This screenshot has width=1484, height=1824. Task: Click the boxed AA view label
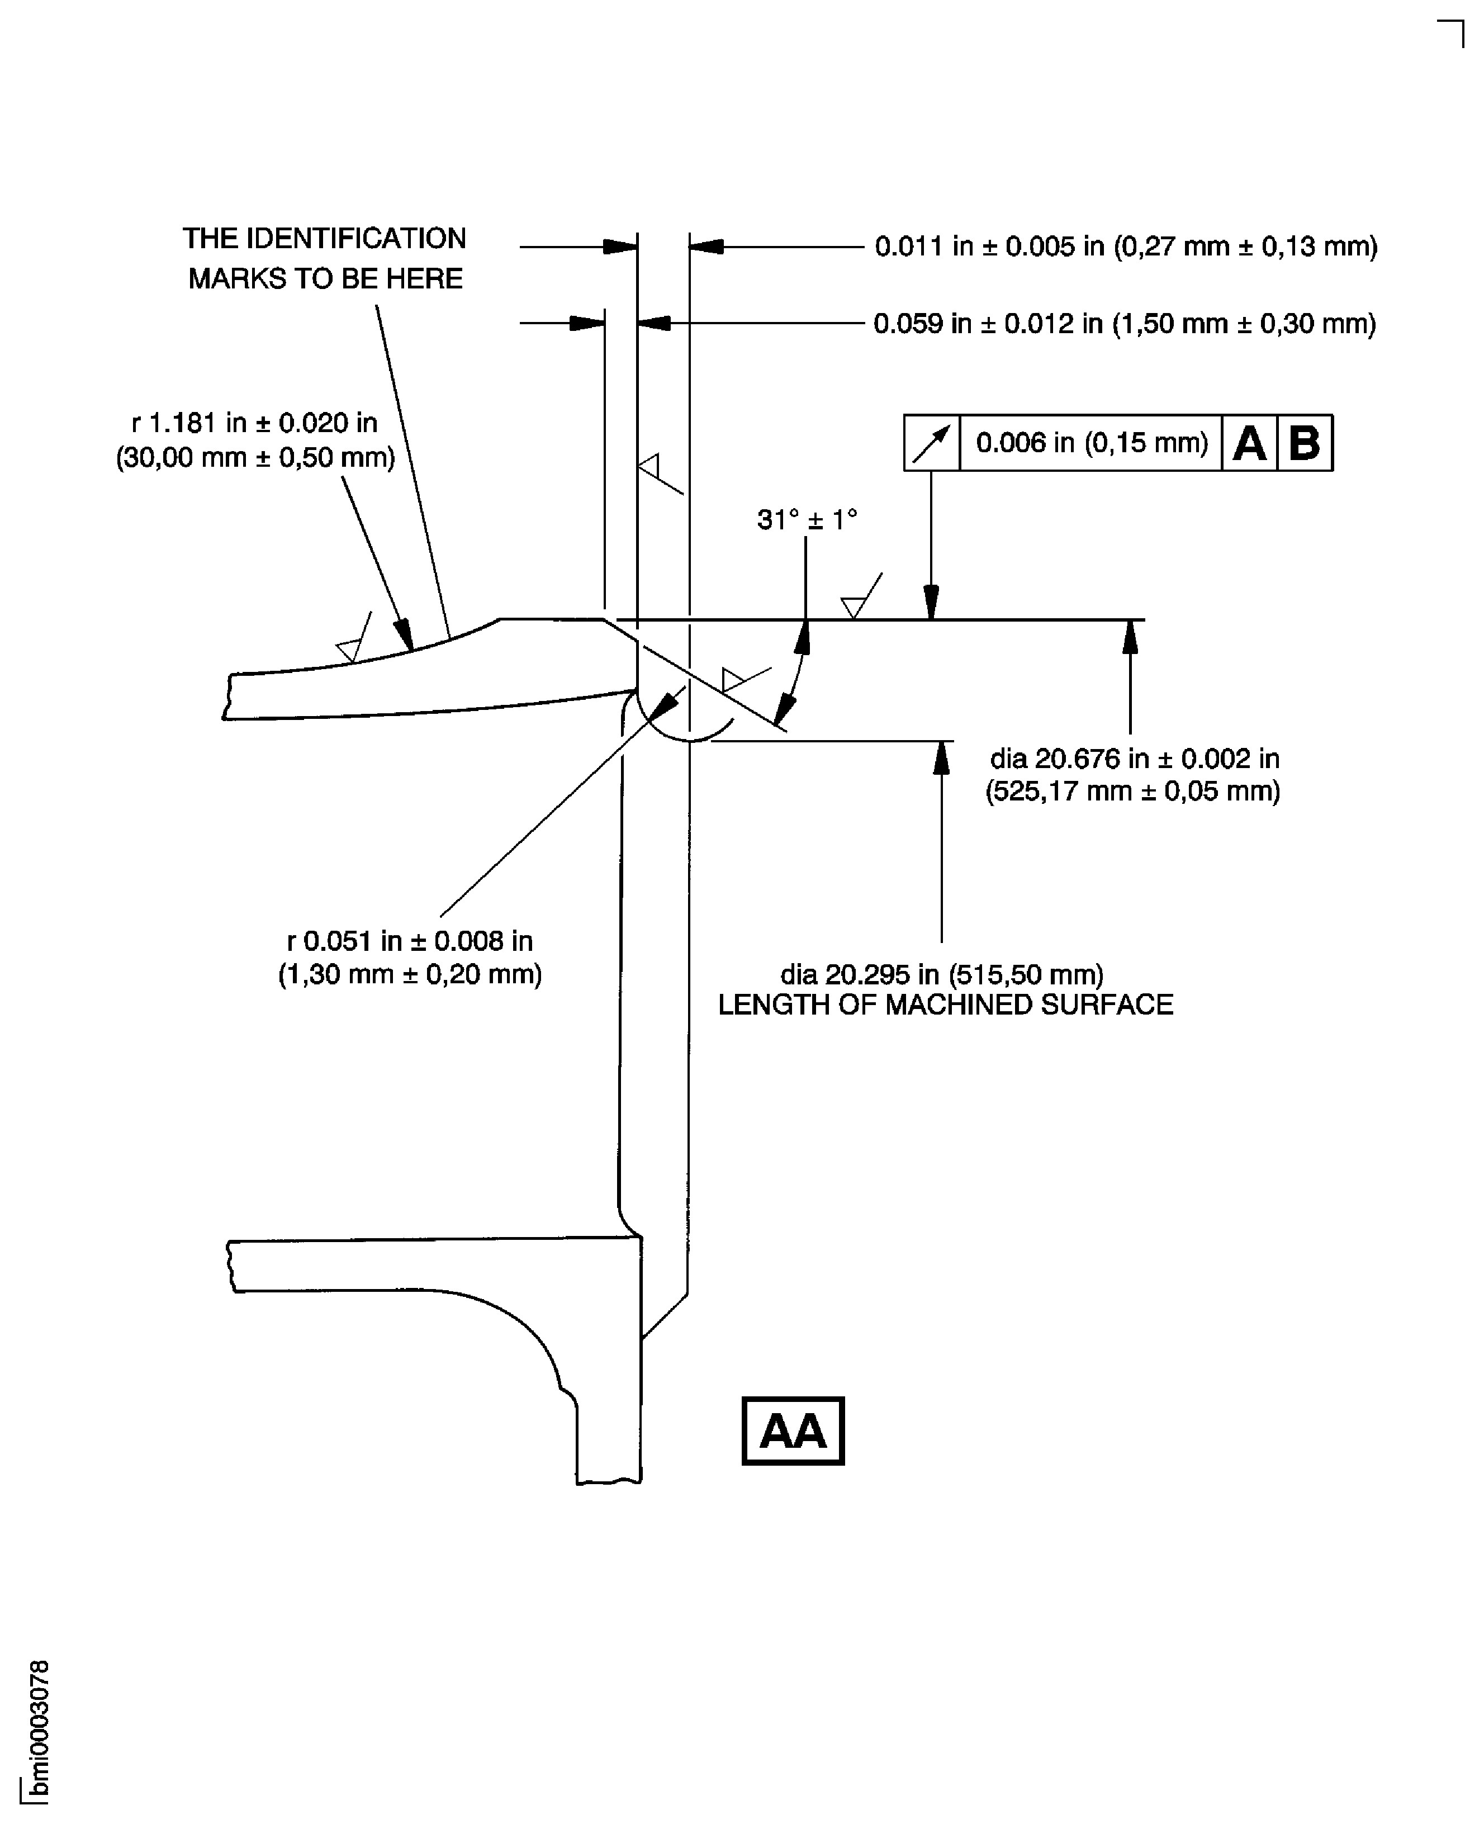[x=793, y=1431]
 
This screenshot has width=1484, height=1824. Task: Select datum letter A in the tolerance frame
[x=1249, y=443]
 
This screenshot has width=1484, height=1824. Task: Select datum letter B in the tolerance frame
[x=1305, y=443]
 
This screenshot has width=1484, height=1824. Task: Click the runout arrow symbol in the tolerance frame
[x=932, y=443]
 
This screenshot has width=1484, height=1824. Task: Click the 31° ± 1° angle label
[x=807, y=520]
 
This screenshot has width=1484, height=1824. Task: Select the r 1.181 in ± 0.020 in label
[x=254, y=422]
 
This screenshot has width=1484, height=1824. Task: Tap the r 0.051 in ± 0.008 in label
[x=410, y=941]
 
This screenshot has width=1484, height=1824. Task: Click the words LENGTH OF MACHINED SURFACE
[x=945, y=1005]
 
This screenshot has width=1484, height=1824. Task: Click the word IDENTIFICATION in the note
[x=355, y=239]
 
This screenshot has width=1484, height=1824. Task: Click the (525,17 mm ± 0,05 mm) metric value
[x=1132, y=792]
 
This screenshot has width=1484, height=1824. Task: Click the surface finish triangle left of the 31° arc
[x=733, y=680]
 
